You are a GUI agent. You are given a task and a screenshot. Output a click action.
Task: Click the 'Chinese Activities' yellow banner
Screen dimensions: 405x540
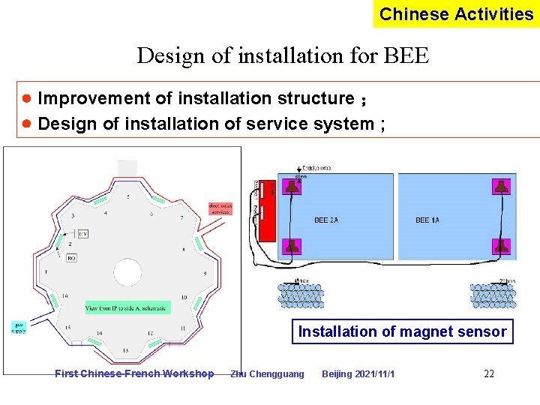click(456, 14)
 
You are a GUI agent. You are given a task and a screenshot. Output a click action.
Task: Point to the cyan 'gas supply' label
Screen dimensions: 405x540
click(19, 327)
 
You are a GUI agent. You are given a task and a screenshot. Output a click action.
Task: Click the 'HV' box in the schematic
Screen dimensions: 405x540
click(82, 234)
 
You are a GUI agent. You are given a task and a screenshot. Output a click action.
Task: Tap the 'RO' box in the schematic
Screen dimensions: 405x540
click(71, 258)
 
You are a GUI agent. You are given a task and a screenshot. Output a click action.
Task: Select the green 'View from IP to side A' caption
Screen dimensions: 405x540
click(127, 307)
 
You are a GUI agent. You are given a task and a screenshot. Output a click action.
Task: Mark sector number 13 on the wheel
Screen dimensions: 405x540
click(124, 350)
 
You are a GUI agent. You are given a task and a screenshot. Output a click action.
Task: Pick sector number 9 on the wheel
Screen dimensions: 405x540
click(205, 274)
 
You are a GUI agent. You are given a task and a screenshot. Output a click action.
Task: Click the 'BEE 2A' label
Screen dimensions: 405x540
click(326, 220)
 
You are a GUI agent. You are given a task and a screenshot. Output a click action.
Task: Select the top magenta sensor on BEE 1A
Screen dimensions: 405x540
click(500, 186)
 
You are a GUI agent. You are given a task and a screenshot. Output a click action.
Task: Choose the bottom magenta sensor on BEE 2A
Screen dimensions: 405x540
click(292, 245)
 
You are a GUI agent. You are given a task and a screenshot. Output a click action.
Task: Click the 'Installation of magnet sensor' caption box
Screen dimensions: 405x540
click(402, 331)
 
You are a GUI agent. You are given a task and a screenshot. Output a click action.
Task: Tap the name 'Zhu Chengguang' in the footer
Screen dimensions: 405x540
click(268, 373)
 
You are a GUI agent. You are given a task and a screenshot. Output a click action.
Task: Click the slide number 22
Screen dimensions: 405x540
click(489, 373)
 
